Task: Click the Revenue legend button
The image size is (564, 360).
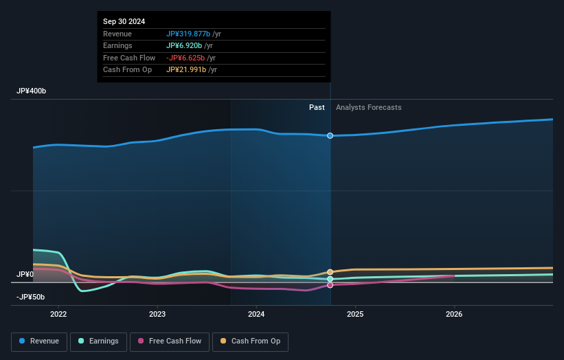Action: pyautogui.click(x=40, y=341)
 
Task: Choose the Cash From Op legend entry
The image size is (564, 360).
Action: pyautogui.click(x=251, y=341)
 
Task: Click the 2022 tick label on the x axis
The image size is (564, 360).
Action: pyautogui.click(x=58, y=315)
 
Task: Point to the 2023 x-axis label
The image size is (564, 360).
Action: pyautogui.click(x=157, y=315)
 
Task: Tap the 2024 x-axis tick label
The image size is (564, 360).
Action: pyautogui.click(x=256, y=315)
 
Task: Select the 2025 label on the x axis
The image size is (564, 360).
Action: pyautogui.click(x=355, y=315)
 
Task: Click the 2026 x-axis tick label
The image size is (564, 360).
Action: pyautogui.click(x=454, y=315)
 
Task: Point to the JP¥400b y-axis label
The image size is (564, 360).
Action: pyautogui.click(x=32, y=91)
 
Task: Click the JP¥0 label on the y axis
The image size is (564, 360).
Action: pyautogui.click(x=25, y=274)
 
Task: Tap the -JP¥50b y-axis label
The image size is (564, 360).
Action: pyautogui.click(x=31, y=297)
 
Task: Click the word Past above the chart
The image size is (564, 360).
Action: pyautogui.click(x=317, y=107)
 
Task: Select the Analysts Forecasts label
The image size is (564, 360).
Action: pyautogui.click(x=368, y=107)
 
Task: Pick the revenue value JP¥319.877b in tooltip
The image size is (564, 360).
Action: pyautogui.click(x=188, y=34)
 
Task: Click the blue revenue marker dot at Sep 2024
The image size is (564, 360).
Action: pyautogui.click(x=330, y=135)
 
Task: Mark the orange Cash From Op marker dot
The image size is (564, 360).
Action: pyautogui.click(x=330, y=272)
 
